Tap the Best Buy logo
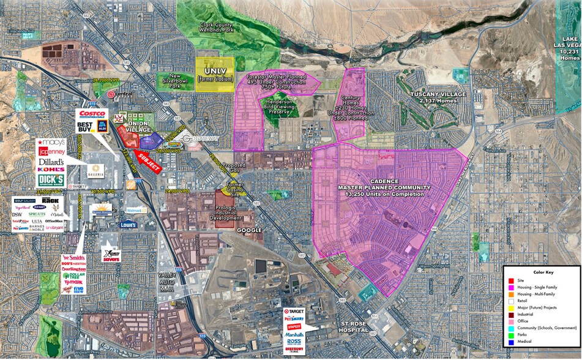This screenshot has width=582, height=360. click(85, 127)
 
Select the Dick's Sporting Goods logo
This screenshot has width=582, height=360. click(51, 180)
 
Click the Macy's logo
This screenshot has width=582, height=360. click(51, 142)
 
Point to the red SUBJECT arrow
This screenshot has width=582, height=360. click(149, 162)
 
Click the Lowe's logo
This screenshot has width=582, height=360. click(128, 225)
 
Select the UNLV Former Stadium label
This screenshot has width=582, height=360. click(215, 75)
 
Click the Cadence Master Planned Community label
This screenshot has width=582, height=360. click(384, 187)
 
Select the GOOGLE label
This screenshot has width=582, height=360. click(249, 230)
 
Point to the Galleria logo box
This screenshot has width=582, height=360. click(94, 168)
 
